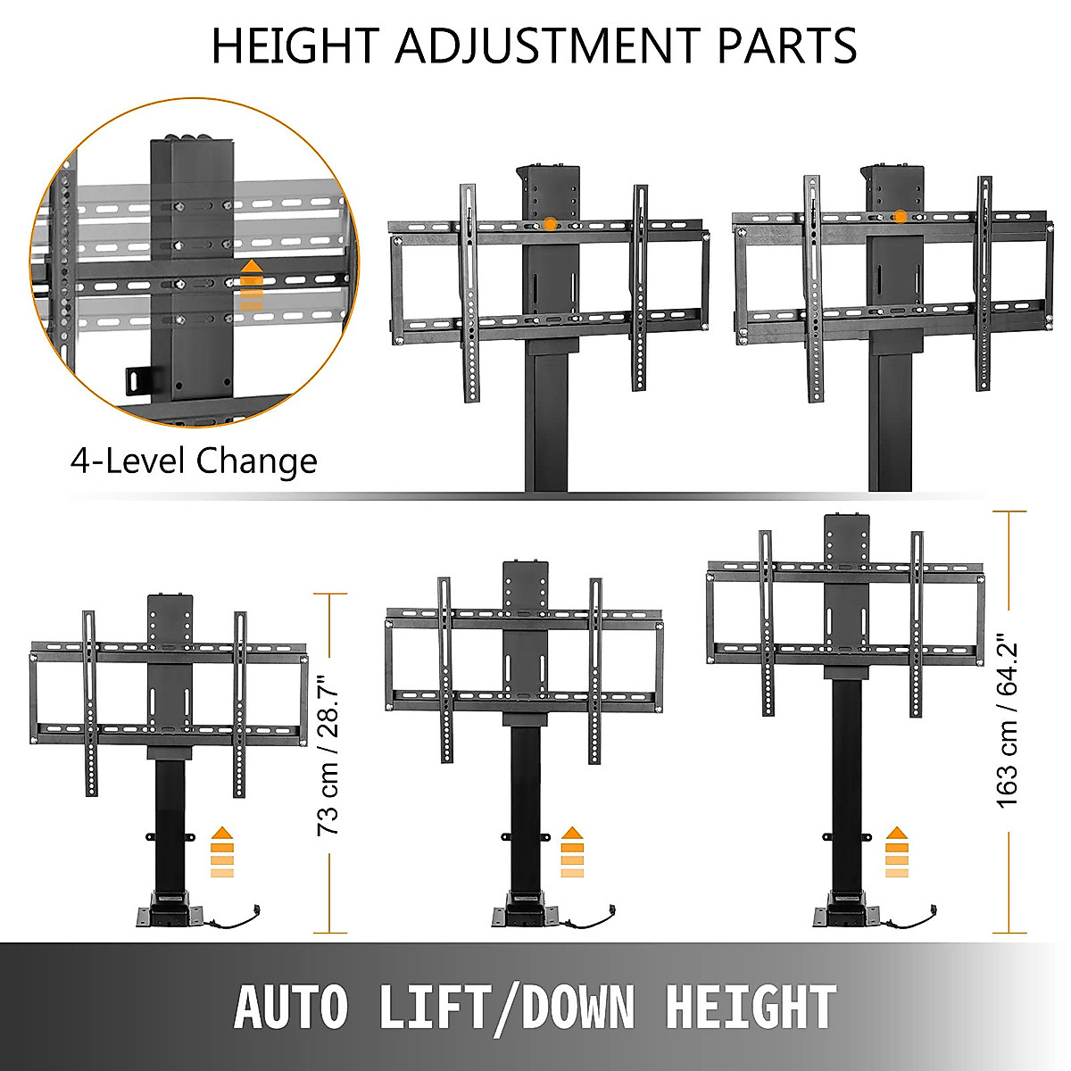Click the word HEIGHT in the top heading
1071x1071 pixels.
pos(295,46)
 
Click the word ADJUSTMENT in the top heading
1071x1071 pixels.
pos(548,46)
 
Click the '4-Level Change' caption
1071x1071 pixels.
pos(194,461)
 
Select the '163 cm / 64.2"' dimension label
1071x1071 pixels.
pos(1008,722)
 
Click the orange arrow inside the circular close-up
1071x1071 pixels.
pos(253,285)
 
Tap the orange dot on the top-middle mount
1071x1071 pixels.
pos(551,223)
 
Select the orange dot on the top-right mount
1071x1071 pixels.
pos(901,216)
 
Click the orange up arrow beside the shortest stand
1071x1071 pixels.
pos(221,851)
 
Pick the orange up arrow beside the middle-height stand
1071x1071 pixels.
pos(572,851)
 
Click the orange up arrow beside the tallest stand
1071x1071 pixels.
pos(896,851)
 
